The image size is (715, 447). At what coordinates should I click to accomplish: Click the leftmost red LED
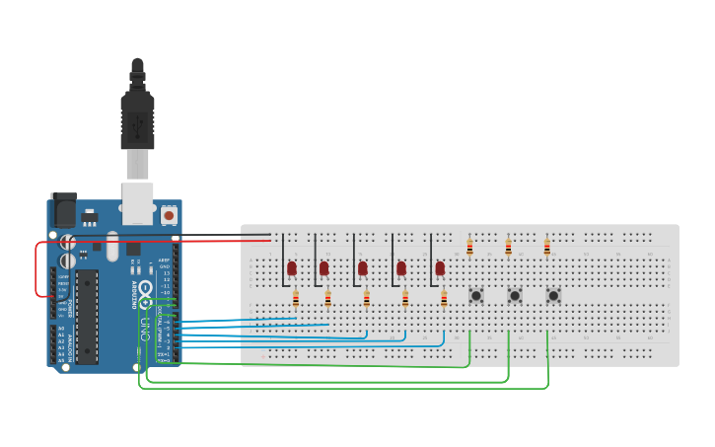point(292,267)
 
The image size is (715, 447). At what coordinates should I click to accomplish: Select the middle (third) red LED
point(363,267)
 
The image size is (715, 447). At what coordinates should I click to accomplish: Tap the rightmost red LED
point(440,267)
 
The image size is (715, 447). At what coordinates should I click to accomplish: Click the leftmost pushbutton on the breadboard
point(476,295)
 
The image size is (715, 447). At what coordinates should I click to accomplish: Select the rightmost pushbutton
point(553,295)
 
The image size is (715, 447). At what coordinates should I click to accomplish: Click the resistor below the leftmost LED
point(296,298)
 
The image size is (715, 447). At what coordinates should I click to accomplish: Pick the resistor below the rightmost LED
point(444,298)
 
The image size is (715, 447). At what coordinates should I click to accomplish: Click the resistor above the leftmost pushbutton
point(469,247)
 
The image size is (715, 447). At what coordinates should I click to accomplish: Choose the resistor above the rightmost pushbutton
point(546,247)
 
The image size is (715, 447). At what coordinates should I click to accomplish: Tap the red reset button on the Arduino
point(169,214)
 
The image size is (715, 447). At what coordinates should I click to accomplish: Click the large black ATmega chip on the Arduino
point(87,316)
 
